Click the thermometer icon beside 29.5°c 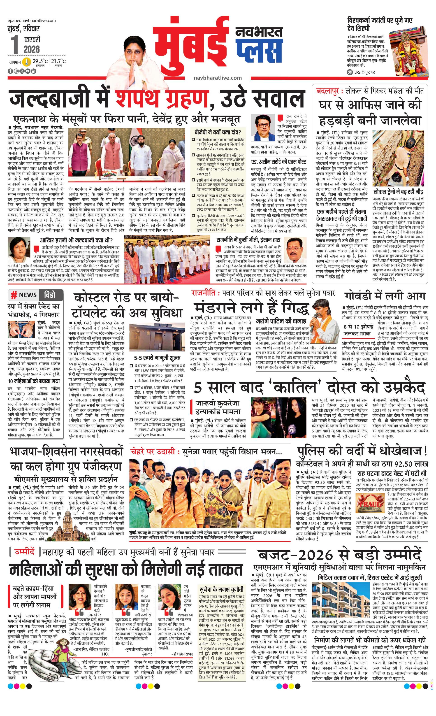click(27, 62)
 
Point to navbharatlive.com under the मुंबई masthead click(218, 78)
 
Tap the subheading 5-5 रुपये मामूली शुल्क click(157, 358)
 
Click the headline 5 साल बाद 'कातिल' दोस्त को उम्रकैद click(309, 387)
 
